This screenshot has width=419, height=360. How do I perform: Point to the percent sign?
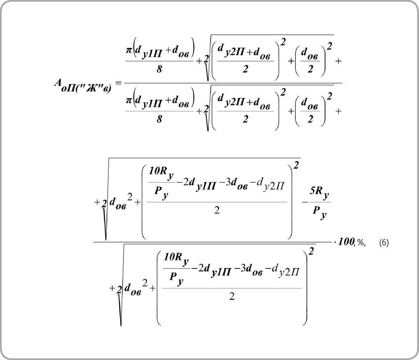[360, 243]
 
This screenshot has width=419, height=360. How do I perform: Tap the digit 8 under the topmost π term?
[159, 69]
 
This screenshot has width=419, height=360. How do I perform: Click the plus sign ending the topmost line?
[339, 61]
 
